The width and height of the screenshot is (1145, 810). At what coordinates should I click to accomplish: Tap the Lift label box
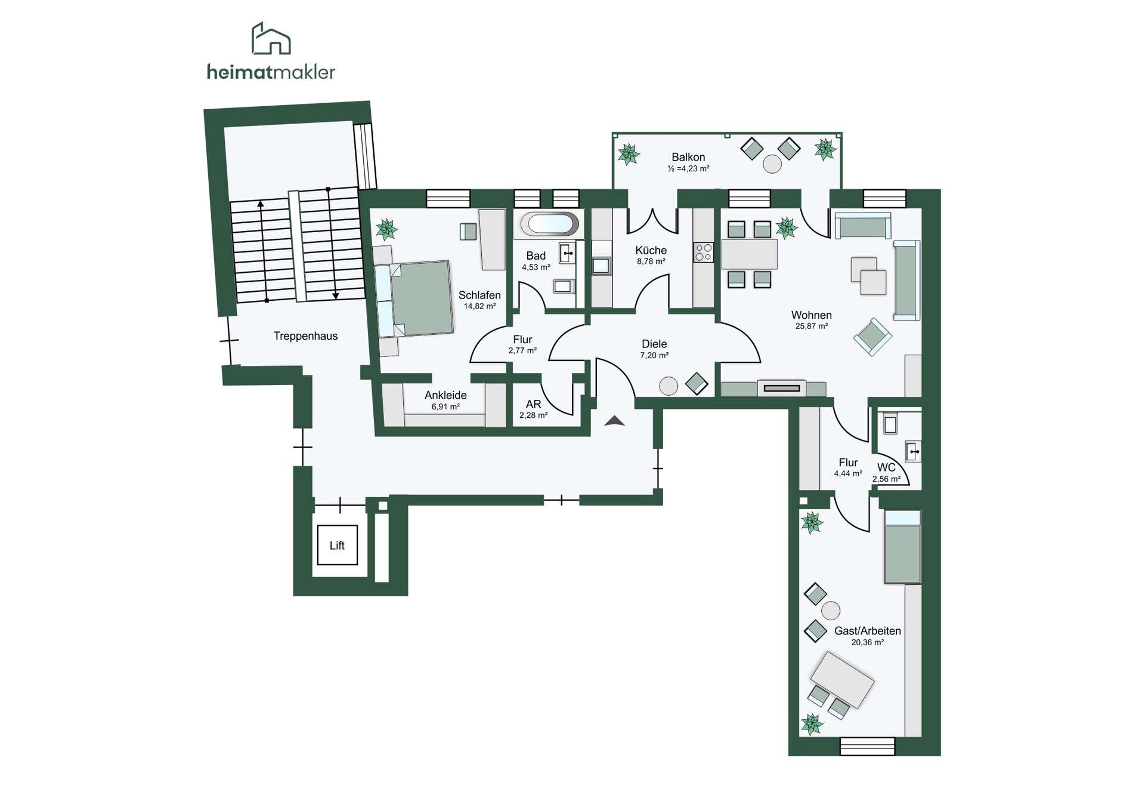click(x=338, y=545)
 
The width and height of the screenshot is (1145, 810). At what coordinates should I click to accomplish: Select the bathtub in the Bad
click(x=549, y=224)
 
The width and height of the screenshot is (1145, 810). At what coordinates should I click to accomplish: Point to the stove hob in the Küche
click(x=704, y=252)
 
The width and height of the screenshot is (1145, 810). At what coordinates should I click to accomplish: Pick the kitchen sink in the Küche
click(x=601, y=266)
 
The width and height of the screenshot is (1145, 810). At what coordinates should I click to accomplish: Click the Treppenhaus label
click(x=305, y=336)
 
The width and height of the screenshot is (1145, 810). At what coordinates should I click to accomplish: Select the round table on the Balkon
click(x=772, y=164)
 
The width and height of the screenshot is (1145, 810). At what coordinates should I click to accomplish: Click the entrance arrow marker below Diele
click(x=614, y=421)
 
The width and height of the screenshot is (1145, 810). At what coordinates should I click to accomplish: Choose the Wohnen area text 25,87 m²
click(x=812, y=327)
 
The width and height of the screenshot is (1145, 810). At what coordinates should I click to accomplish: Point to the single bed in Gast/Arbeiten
click(x=902, y=546)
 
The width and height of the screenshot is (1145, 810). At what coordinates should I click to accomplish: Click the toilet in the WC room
click(x=890, y=424)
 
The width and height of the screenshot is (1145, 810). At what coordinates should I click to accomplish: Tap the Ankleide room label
click(x=445, y=395)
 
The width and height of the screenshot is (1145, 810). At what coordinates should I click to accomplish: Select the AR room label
click(x=533, y=404)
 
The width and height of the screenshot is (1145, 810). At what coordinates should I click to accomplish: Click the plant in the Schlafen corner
click(x=386, y=229)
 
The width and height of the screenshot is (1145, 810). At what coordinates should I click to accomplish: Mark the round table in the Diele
click(x=669, y=386)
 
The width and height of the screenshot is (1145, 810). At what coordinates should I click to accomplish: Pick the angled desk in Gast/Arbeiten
click(x=842, y=680)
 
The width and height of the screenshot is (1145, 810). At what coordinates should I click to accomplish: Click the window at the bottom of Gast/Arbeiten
click(x=868, y=746)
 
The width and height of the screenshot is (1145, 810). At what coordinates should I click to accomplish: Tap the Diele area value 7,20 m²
click(x=654, y=355)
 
